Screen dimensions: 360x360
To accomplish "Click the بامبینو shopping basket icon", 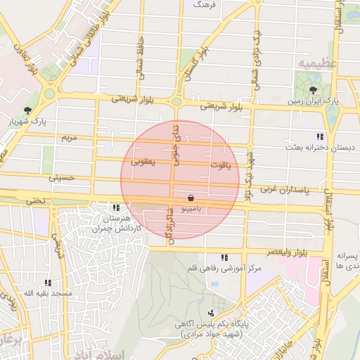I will [192, 199].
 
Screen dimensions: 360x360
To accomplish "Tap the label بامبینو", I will [192, 210].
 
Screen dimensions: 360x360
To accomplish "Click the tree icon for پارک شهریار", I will [27, 110].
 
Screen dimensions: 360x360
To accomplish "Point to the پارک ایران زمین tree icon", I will [314, 89].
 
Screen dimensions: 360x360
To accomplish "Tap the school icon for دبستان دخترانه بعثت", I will [321, 136].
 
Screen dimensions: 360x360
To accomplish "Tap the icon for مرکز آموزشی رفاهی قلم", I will [224, 258].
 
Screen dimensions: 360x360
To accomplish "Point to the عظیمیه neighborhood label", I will [313, 63].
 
